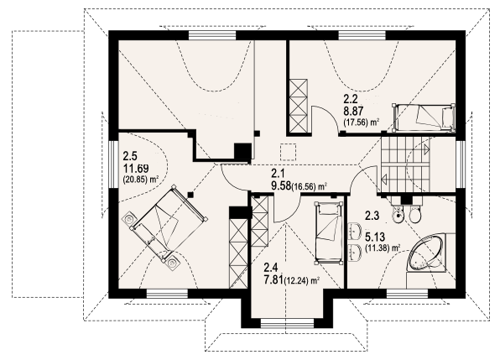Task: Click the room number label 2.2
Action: coord(350,100)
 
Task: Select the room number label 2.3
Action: coord(372,217)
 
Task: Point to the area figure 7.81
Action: coord(273,279)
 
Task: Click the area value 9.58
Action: coord(281,186)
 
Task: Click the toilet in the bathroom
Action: coord(415,214)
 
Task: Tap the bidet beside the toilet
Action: coord(398,215)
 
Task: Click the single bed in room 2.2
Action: coord(424,117)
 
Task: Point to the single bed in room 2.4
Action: coord(329,232)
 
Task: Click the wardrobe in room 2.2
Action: coord(299,106)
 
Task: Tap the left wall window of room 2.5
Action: coord(113,164)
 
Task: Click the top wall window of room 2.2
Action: coord(362,35)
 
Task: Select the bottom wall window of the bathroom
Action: coord(407,294)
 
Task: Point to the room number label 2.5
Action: coord(130,157)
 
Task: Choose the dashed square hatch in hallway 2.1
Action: coord(289,152)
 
